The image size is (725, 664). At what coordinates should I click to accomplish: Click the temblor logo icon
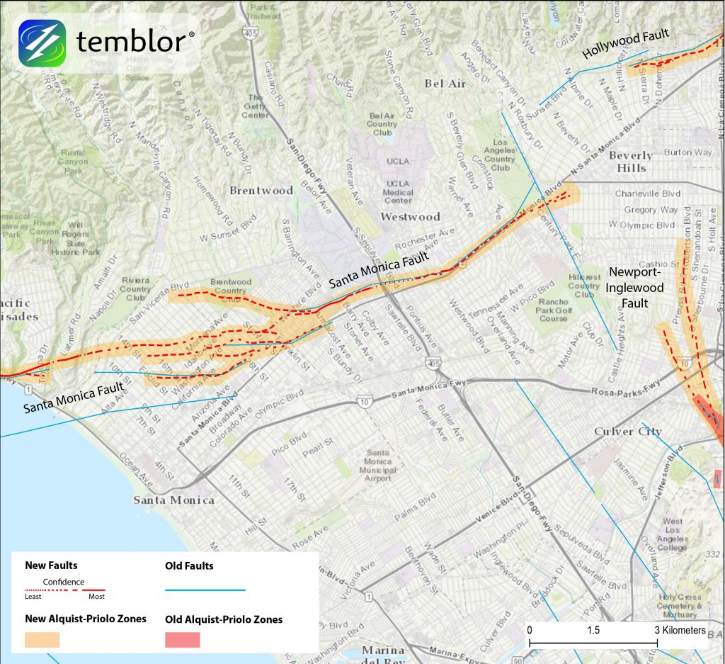click(x=42, y=43)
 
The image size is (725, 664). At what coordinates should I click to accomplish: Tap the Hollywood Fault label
click(x=625, y=46)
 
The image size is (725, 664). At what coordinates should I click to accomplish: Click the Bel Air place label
click(x=445, y=84)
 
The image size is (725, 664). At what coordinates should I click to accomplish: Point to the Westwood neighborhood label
click(x=410, y=216)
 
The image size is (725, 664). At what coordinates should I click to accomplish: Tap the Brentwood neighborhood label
click(x=261, y=190)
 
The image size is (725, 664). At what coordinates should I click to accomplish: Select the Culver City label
click(x=627, y=431)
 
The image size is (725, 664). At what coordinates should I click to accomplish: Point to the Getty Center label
click(x=256, y=106)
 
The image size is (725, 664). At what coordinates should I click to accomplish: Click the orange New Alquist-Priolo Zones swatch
click(x=42, y=639)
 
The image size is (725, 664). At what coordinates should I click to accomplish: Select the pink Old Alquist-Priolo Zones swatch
click(x=183, y=639)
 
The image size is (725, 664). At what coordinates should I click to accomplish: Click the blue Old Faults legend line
click(x=205, y=589)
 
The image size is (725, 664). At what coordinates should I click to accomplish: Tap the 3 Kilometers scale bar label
click(x=679, y=630)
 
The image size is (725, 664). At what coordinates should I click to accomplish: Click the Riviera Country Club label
click(x=135, y=289)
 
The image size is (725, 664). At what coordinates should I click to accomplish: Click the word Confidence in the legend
click(x=64, y=582)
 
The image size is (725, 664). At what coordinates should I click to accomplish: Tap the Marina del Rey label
click(x=383, y=656)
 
